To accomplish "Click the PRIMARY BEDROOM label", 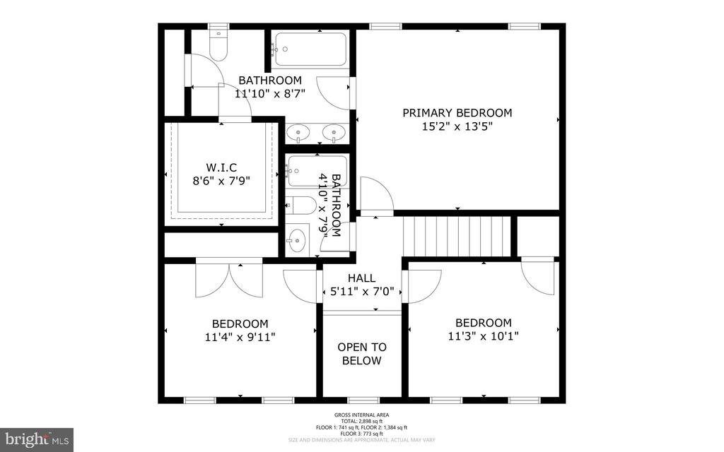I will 457,112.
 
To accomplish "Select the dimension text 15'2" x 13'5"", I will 457,126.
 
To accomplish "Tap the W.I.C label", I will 221,167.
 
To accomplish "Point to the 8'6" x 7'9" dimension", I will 221,181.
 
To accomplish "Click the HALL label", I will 361,278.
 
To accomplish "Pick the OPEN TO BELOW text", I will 361,354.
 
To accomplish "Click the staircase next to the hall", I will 456,236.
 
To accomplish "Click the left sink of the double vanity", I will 300,132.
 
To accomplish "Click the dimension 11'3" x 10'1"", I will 483,336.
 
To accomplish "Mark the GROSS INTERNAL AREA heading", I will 361,415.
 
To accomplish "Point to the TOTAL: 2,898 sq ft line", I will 361,421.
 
